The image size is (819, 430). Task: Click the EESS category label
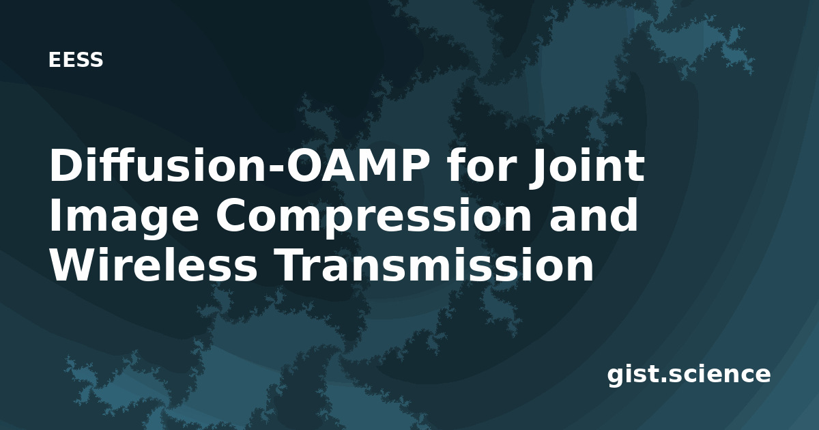pyautogui.click(x=76, y=60)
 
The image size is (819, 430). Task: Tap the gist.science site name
pyautogui.click(x=689, y=375)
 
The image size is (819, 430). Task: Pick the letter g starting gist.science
pyautogui.click(x=616, y=377)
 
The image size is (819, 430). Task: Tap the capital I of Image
pyautogui.click(x=54, y=216)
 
